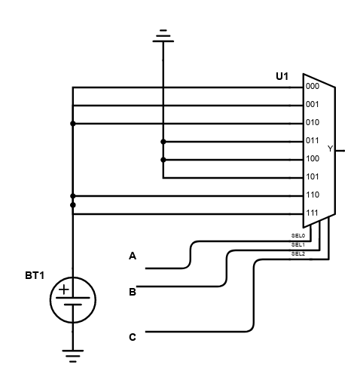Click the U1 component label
282,76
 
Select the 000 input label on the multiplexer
313,86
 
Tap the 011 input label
313,140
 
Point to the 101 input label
313,176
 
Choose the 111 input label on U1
313,213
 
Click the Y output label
331,149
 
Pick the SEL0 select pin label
298,236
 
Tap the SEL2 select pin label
298,254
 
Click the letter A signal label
133,256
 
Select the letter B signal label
133,292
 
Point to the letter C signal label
133,337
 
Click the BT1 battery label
35,276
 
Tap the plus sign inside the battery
64,290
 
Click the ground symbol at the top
163,35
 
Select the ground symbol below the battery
73,356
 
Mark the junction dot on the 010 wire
73,124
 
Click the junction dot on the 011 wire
163,142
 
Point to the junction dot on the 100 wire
163,160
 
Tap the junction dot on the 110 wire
73,196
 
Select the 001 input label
313,104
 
